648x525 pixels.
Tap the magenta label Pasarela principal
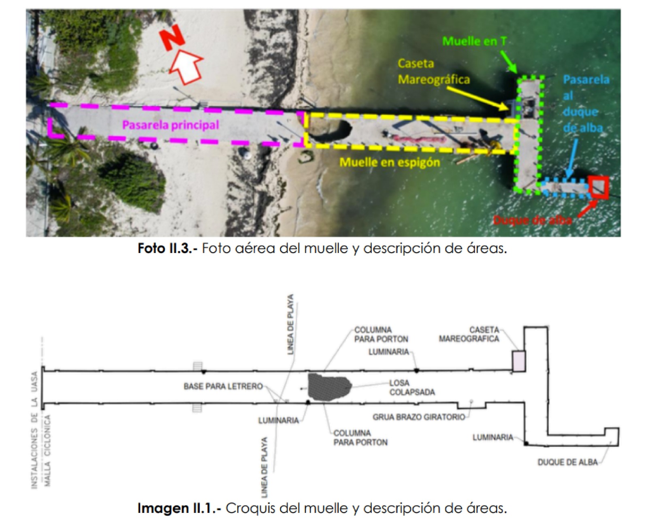tap(171, 125)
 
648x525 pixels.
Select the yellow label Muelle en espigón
tap(390, 162)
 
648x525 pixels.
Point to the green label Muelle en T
tap(474, 41)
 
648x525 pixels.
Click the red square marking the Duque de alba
tap(599, 187)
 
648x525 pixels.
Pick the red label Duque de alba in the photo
tap(532, 220)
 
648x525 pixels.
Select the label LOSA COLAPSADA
tap(412, 387)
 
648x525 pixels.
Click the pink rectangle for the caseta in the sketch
tap(519, 361)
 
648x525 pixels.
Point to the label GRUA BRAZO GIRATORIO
tap(419, 417)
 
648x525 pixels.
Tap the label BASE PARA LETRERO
tap(223, 387)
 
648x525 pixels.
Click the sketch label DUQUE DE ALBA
tap(567, 462)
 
